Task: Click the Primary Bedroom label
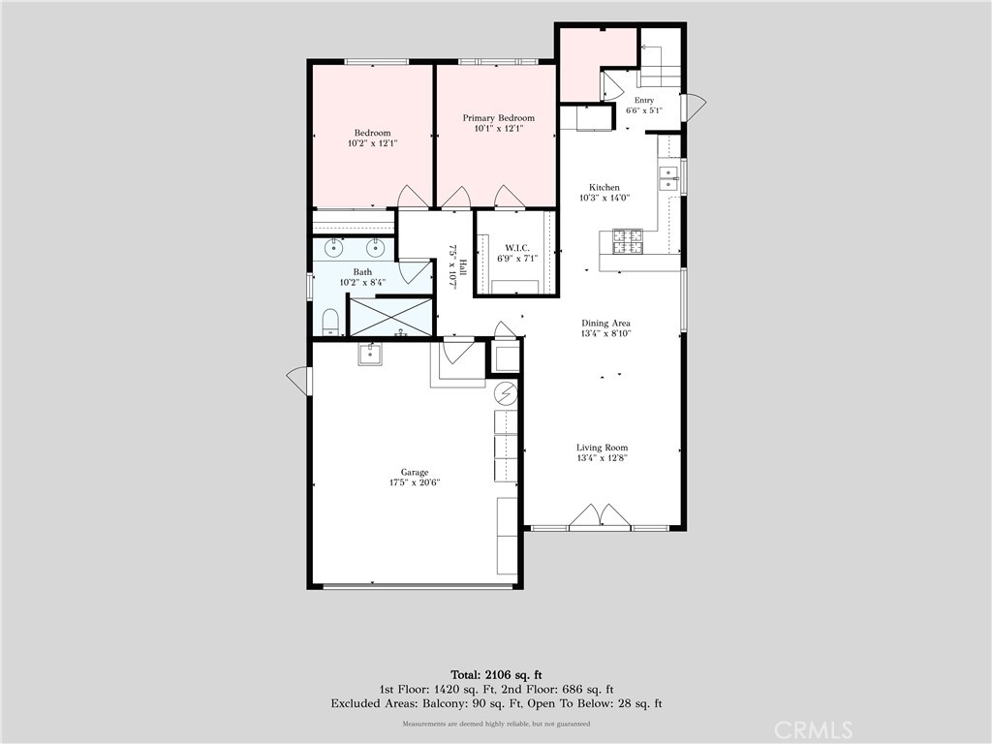click(x=499, y=117)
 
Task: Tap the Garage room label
click(x=415, y=472)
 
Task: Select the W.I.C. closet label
click(x=517, y=248)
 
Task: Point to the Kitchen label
click(x=604, y=187)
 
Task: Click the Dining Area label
click(x=605, y=324)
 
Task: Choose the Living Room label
click(x=602, y=448)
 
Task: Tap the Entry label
click(x=644, y=100)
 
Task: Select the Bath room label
click(x=362, y=272)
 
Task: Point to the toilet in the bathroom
click(x=331, y=322)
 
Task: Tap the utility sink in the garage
click(x=370, y=355)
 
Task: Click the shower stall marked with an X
click(x=390, y=317)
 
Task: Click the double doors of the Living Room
click(x=600, y=515)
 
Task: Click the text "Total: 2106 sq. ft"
click(x=496, y=675)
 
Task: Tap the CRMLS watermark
click(x=813, y=730)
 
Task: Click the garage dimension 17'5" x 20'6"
click(x=415, y=482)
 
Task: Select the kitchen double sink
click(x=668, y=178)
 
